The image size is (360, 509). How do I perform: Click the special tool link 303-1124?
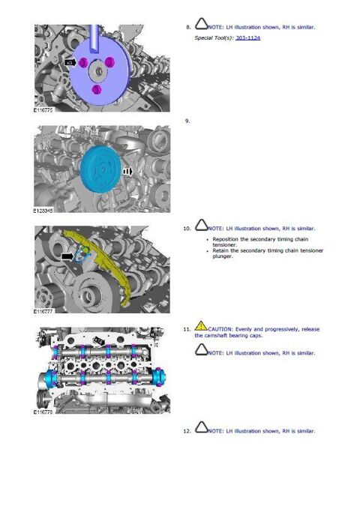248,38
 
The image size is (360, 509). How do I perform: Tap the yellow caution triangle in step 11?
201,326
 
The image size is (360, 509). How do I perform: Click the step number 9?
187,121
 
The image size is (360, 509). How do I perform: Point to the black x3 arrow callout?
70,62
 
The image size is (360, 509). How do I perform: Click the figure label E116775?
43,110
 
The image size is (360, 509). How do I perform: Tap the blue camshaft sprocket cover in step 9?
101,169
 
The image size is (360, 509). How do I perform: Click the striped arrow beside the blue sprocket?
128,171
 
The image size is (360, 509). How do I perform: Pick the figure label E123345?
43,211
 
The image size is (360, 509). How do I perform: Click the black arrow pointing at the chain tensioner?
68,256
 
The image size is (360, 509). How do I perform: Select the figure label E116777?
43,311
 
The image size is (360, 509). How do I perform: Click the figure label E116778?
43,412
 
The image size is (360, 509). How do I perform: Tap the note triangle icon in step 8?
201,24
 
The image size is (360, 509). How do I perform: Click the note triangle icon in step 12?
201,427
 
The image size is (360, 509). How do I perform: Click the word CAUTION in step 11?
220,329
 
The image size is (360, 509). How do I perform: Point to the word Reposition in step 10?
226,239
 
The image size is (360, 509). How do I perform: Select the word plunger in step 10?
223,256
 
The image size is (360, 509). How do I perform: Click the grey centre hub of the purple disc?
97,71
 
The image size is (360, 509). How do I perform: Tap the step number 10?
187,229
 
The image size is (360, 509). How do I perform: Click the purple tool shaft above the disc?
94,37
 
